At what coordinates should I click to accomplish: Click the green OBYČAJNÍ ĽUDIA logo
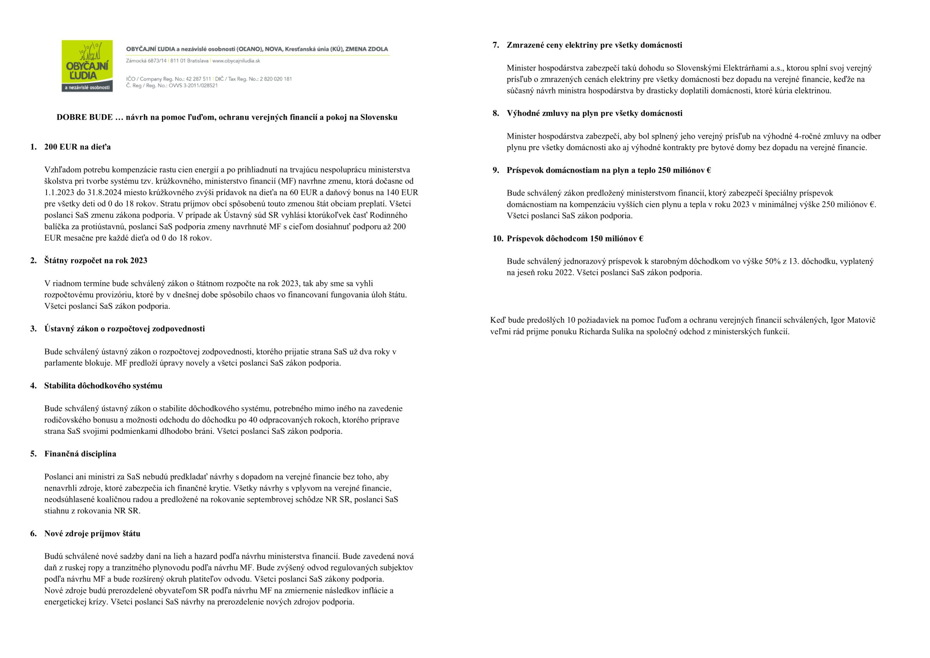coord(87,66)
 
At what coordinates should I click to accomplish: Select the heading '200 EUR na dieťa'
coord(77,147)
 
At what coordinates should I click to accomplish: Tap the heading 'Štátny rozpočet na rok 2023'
coord(95,261)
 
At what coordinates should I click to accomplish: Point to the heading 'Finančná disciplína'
coord(80,454)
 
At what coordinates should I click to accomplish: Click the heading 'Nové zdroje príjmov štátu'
coord(92,534)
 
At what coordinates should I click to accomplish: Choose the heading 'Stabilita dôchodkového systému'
coord(103,386)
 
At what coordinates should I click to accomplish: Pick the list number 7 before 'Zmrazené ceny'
coord(496,45)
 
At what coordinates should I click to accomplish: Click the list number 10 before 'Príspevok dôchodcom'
coord(498,239)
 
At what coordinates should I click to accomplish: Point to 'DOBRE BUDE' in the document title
coord(84,117)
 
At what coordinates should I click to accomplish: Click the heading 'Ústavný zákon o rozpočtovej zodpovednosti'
coord(124,329)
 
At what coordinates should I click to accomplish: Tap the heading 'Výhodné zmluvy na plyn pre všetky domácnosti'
coord(594,113)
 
